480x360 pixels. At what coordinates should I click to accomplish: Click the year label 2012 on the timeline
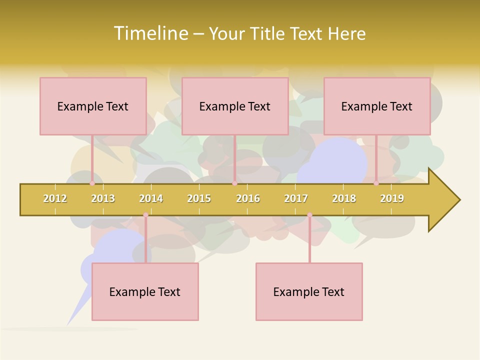click(x=55, y=199)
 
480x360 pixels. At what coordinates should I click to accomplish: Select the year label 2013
click(x=103, y=199)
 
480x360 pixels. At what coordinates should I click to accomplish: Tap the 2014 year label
click(x=151, y=199)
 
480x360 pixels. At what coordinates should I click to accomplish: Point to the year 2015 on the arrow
click(x=199, y=199)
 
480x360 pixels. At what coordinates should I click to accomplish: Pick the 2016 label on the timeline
click(x=248, y=199)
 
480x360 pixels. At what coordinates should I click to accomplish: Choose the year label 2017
click(x=296, y=199)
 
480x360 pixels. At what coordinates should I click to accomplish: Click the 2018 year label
click(x=344, y=199)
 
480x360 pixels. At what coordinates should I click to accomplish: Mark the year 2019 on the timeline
click(x=392, y=199)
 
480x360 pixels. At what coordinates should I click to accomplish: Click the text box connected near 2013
click(x=93, y=106)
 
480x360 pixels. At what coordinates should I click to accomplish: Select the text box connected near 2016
click(x=235, y=106)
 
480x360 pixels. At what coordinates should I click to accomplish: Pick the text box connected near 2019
click(x=377, y=106)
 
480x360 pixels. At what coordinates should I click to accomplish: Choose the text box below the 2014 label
click(x=145, y=291)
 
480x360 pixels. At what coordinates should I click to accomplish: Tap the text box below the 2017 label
click(x=309, y=291)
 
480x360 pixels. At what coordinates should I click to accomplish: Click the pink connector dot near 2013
click(x=92, y=183)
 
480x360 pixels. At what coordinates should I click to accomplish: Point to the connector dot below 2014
click(x=145, y=215)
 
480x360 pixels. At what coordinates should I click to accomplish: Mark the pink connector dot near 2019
click(x=376, y=183)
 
